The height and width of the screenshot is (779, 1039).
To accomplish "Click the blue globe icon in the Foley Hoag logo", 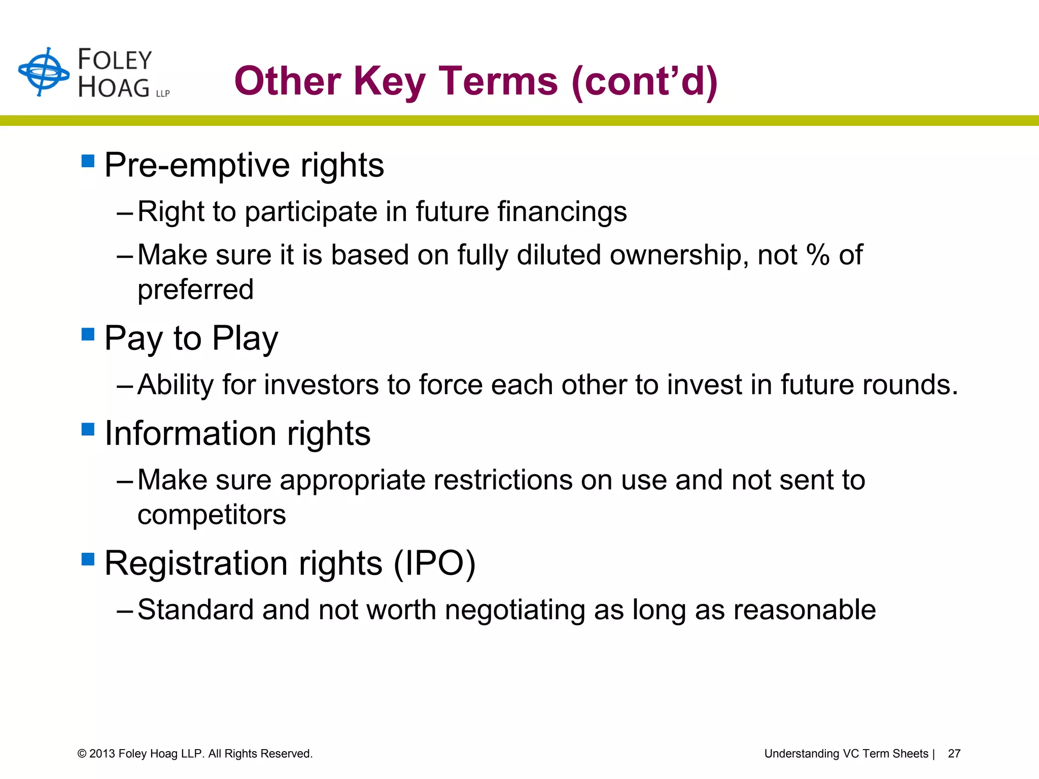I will click(x=44, y=72).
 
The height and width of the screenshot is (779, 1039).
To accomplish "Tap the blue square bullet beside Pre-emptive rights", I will click(x=88, y=161).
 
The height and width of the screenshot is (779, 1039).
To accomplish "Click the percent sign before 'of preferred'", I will click(x=818, y=255).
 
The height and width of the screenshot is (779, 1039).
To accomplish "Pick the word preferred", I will click(x=195, y=290).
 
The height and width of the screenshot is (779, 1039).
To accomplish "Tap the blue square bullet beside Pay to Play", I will click(x=88, y=334).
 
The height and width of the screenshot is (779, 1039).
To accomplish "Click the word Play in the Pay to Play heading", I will click(x=245, y=338).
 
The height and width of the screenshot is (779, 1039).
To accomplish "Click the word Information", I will click(x=190, y=434).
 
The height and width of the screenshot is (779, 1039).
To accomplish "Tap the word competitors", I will click(x=212, y=515).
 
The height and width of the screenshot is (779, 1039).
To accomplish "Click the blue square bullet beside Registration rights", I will click(x=88, y=559).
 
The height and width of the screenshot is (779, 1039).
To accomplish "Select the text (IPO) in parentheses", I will click(x=435, y=563).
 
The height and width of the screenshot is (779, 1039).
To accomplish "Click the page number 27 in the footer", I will click(x=954, y=754).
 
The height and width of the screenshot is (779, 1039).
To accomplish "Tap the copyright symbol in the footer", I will click(x=82, y=754).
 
